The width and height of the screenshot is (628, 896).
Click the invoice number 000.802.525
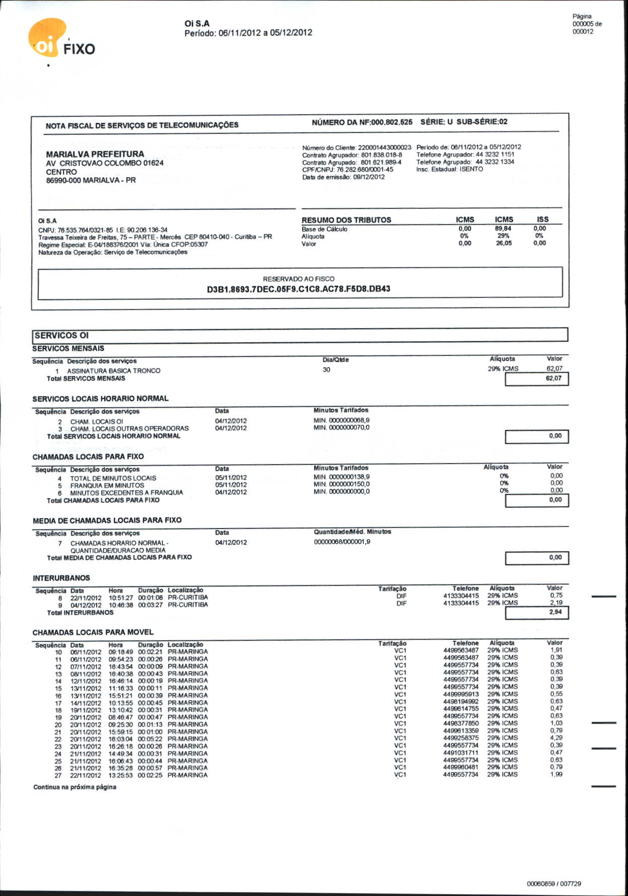click(391, 122)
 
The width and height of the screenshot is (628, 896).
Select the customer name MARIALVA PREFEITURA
click(95, 154)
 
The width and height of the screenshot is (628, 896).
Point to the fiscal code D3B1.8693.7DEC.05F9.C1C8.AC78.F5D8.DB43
click(298, 289)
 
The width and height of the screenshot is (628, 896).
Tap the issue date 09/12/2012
click(369, 177)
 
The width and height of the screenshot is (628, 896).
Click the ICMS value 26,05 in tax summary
click(503, 243)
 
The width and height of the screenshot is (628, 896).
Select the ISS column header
click(542, 219)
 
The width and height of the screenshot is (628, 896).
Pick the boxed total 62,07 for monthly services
click(553, 379)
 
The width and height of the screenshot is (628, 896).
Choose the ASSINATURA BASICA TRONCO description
click(114, 370)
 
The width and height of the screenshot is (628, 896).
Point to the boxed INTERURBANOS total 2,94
click(555, 612)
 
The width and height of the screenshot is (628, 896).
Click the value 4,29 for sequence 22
click(556, 737)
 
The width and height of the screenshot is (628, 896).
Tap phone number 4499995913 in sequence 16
click(460, 694)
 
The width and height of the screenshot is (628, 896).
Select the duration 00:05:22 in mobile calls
click(150, 739)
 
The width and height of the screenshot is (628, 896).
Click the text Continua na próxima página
click(74, 787)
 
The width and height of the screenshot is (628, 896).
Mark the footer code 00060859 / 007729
click(554, 883)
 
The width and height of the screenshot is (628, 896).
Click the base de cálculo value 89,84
click(503, 229)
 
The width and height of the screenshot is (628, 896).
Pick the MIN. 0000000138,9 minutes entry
click(341, 477)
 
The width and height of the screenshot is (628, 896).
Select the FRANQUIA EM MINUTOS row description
click(107, 486)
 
